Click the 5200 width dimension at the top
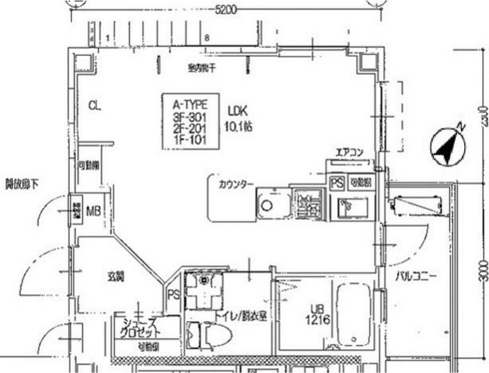(x=226, y=9)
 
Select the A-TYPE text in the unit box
(x=187, y=104)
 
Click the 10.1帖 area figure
(x=238, y=125)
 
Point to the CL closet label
(x=95, y=105)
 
